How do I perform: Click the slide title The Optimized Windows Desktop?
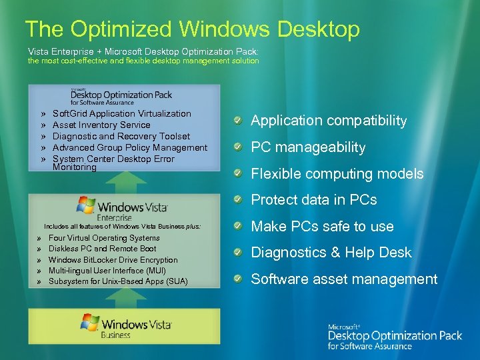point(192,29)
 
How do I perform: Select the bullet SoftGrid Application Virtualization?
point(121,114)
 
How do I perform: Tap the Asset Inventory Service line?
point(101,125)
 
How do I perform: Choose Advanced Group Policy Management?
point(129,148)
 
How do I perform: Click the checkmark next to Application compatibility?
point(238,121)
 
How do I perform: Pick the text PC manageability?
point(308,147)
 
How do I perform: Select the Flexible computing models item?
point(337,174)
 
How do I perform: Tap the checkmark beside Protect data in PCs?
point(238,200)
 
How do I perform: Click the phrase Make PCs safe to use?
point(322,227)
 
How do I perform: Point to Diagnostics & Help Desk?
point(331,253)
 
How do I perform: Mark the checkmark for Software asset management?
point(238,279)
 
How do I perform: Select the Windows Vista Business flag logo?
point(90,323)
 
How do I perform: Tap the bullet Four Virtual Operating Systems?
point(104,238)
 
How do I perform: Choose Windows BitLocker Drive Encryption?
point(113,260)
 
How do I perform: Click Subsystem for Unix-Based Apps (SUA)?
point(118,282)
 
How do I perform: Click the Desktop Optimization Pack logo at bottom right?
point(394,336)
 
